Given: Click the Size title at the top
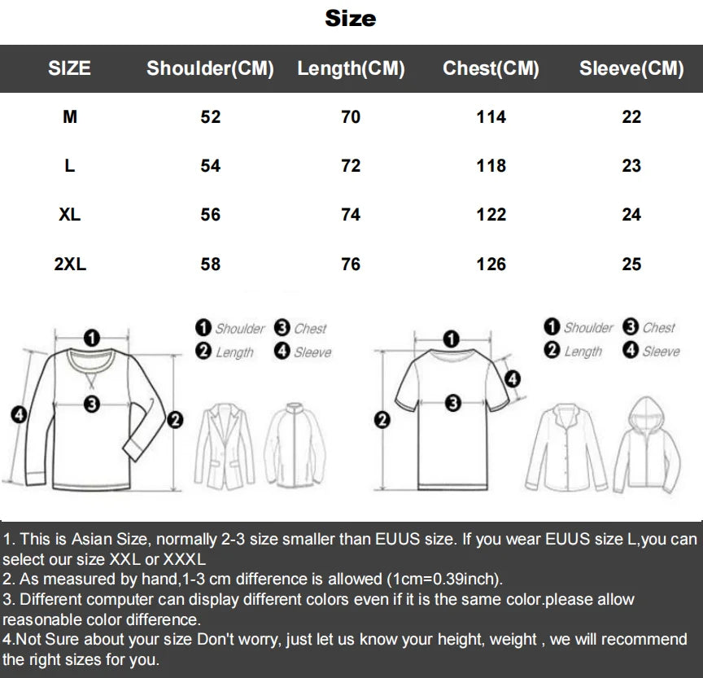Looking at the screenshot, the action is [351, 19].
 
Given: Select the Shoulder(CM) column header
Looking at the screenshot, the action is [210, 68].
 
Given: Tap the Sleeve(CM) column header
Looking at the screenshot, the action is [631, 68].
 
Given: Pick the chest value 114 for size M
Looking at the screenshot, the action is [491, 117].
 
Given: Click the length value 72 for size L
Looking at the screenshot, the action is [351, 166].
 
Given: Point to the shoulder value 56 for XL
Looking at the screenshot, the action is [210, 215].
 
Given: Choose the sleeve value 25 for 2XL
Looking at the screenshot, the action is [631, 264].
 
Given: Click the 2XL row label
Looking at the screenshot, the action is [70, 264].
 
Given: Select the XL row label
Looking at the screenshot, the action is [69, 215].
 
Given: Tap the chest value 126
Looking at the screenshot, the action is [491, 264].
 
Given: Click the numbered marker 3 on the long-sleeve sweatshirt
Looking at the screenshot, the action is [92, 404].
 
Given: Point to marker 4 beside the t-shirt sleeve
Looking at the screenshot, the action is [513, 379].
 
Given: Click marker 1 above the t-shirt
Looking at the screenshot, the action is [451, 339].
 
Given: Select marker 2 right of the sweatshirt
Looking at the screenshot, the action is [175, 420].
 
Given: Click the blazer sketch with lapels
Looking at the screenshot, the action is [225, 446].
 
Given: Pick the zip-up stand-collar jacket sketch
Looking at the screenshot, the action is [295, 445].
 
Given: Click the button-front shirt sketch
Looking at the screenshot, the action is [566, 448].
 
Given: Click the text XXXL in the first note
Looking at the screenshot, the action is [184, 559].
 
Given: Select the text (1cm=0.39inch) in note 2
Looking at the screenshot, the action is [445, 579].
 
